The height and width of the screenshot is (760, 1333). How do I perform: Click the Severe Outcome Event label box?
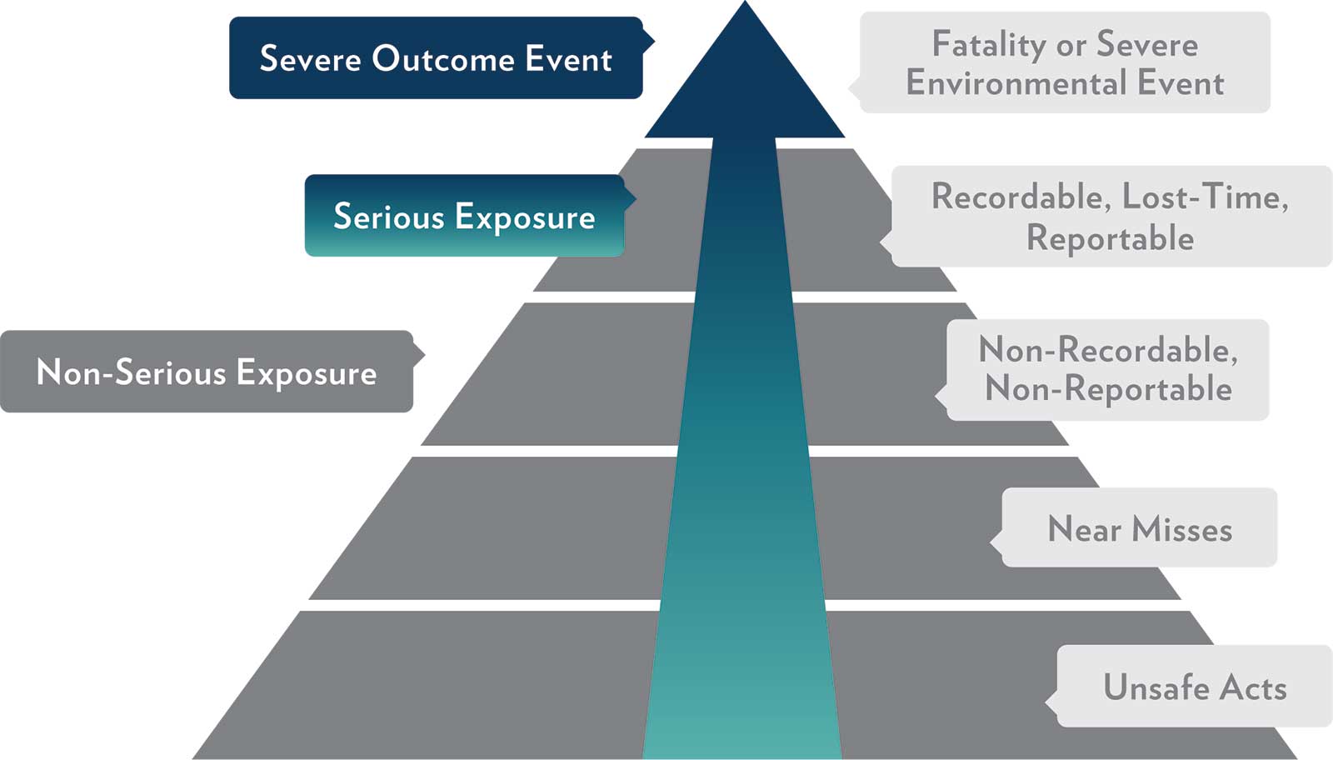coord(435,58)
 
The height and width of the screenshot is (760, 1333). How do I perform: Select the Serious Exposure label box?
coord(464,216)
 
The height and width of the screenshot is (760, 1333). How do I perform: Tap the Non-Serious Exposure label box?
coord(206,372)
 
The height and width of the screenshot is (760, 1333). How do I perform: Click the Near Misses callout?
coord(1139,528)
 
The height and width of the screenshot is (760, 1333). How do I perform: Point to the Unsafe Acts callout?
coord(1194,687)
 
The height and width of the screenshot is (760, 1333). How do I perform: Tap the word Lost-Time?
coord(1205,197)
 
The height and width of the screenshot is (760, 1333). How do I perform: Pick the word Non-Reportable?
coord(1108,389)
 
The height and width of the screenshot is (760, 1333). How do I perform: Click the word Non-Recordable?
coord(1107,350)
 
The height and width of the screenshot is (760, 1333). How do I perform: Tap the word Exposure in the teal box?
coord(525,217)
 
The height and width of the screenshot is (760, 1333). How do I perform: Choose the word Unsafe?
coord(1156,687)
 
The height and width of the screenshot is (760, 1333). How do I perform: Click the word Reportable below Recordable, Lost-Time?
coord(1110,238)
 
